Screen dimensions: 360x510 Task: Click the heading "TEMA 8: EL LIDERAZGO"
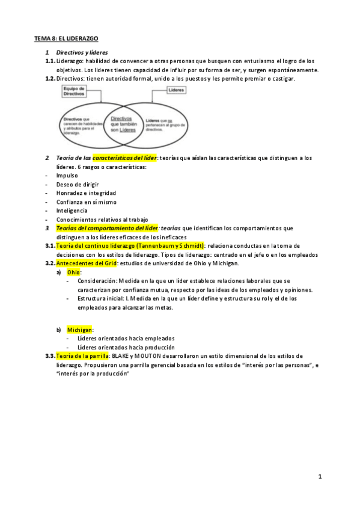tap(66, 38)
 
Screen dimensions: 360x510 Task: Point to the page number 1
tap(320, 476)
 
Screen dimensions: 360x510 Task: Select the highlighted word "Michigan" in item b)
tap(80, 330)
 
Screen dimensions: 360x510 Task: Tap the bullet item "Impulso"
tap(67, 176)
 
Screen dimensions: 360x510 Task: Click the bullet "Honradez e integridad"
tap(86, 193)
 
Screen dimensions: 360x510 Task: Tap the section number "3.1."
tap(50, 246)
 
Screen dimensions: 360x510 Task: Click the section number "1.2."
tap(50, 79)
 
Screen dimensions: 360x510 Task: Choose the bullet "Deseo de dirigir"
tap(78, 184)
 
